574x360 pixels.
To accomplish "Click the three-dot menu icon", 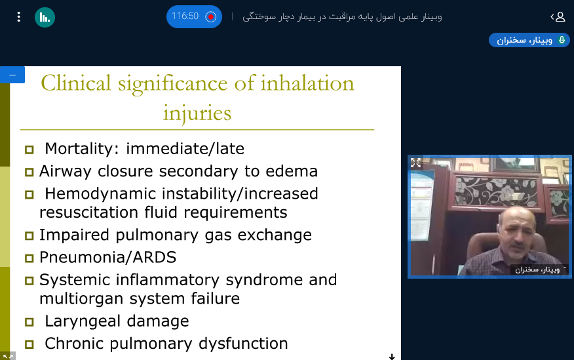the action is point(18,17).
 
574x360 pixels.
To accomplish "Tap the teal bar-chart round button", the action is point(45,17).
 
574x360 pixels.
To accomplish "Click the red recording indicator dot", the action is point(211,17).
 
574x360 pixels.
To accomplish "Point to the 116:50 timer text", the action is point(185,16).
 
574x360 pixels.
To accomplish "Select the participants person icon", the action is point(560,17).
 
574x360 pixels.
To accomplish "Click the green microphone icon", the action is point(562,39).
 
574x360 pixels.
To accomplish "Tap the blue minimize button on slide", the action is point(12,75).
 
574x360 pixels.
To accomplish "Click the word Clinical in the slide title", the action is point(76,83).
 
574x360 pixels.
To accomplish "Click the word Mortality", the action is point(79,149).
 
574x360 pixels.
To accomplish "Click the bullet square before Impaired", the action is point(29,236).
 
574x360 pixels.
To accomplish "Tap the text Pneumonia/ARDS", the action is point(107,258).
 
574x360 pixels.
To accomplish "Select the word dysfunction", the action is point(243,344).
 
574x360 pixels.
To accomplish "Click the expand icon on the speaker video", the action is point(415,163).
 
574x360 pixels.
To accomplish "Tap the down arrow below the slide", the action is point(392,356).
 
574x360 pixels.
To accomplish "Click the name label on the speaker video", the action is point(537,270).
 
